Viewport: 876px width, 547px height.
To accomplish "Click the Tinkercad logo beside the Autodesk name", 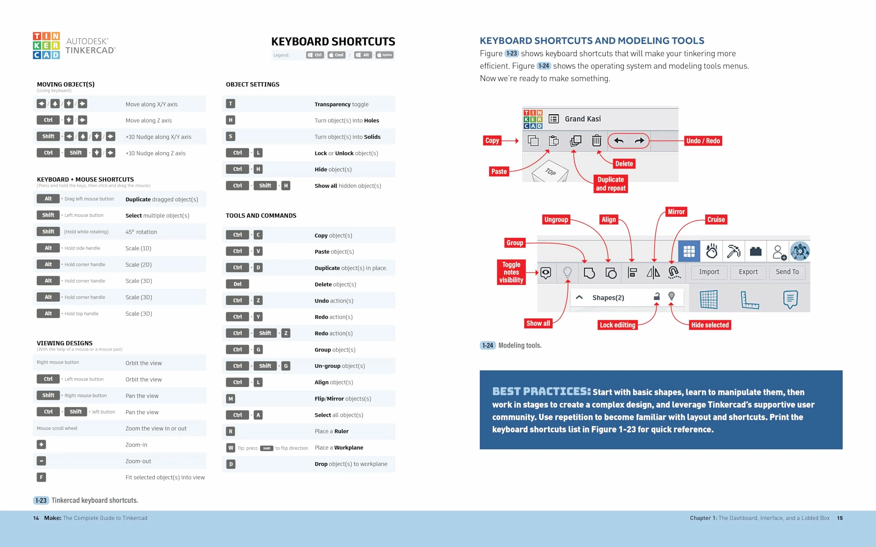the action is click(46, 46).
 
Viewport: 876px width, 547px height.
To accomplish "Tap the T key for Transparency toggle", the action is click(230, 104).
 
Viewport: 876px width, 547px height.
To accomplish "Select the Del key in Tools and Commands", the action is click(237, 284).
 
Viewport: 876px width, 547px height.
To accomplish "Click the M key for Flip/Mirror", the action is click(230, 399).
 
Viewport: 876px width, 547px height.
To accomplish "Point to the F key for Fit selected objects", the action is click(41, 477).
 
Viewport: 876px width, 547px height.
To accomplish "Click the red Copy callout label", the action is click(492, 140).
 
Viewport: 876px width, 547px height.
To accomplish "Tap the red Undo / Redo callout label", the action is click(703, 141).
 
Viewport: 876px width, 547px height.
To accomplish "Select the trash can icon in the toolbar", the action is click(596, 140).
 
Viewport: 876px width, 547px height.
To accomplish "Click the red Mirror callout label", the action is click(676, 212).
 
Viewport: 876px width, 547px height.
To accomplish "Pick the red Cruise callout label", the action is click(716, 219).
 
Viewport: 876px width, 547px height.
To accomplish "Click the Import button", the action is click(709, 272).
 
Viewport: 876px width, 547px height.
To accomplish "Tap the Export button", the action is click(748, 272).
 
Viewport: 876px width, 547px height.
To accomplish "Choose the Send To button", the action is click(787, 272).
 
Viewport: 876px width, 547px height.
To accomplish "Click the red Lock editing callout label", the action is click(618, 325).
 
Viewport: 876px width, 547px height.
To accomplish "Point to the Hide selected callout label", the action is click(710, 325).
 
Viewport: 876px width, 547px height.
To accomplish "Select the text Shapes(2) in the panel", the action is click(608, 298).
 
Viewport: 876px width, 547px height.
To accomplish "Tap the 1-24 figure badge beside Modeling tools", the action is click(488, 345).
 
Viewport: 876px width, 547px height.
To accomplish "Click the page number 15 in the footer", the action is click(840, 518).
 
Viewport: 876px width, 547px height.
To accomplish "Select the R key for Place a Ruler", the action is click(230, 431).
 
